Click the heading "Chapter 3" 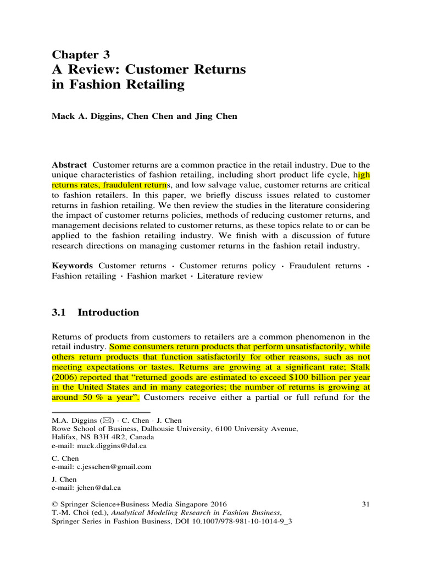pyautogui.click(x=81, y=54)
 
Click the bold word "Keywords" pyautogui.click(x=73, y=266)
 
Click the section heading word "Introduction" pyautogui.click(x=108, y=313)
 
